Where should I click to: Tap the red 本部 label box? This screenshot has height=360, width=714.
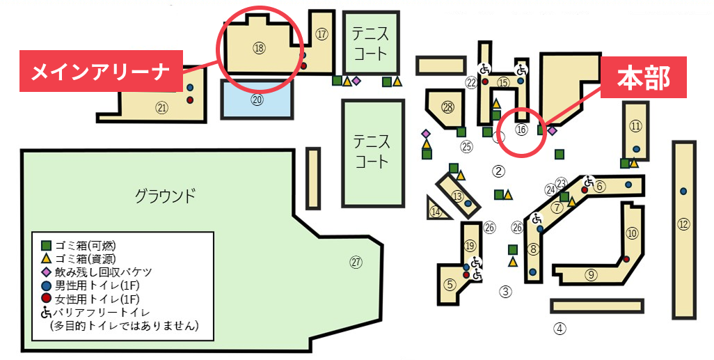coord(643,79)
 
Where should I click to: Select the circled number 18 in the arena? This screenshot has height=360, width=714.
coord(260,48)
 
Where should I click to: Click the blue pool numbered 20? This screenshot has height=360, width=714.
coord(257,100)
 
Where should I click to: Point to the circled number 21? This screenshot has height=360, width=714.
coord(162,108)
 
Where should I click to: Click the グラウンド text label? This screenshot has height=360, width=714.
coord(165,195)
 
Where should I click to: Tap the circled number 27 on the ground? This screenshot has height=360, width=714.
coord(356,263)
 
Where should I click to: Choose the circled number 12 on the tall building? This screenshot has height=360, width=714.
coord(683,224)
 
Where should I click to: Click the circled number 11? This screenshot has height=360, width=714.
coord(635,126)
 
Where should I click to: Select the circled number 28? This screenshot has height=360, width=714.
coord(447,107)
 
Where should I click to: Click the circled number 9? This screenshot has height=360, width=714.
coord(591,274)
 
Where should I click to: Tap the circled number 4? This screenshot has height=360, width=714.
coord(560,327)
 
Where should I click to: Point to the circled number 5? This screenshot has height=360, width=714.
coord(450,284)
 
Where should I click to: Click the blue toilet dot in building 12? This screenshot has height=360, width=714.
coord(683,191)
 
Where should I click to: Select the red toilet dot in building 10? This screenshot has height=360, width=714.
coord(626,259)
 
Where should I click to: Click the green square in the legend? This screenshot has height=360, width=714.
coord(47,245)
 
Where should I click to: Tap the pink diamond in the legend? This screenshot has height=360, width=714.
coord(47,272)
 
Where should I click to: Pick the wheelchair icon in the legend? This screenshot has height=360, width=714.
coord(47,313)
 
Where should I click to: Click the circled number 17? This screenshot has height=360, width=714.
coord(321,33)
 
